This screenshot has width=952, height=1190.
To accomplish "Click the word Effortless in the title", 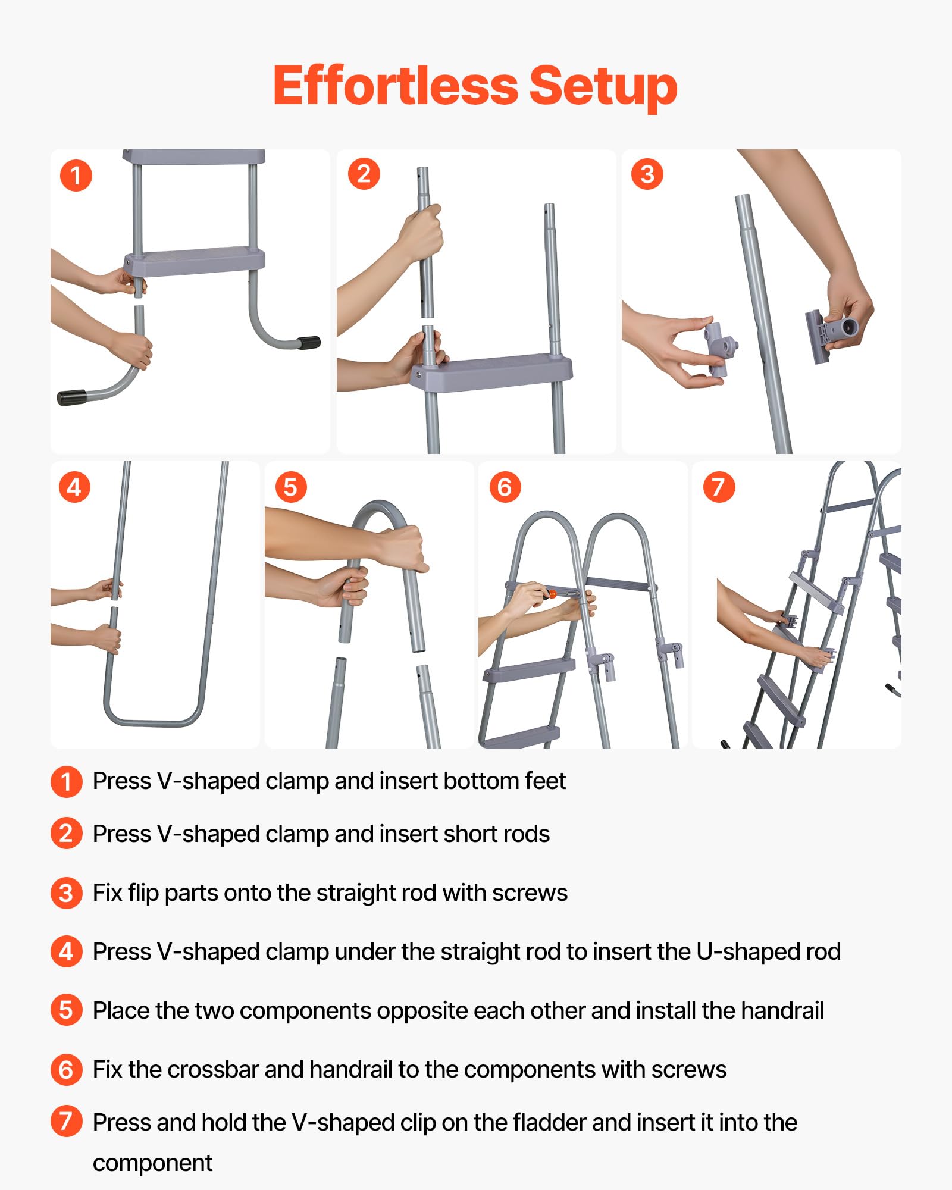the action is [396, 86].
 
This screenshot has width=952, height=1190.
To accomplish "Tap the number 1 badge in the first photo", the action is [76, 176].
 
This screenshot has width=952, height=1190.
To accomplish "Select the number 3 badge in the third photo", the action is [647, 174].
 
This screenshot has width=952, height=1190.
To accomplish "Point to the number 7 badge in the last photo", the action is [719, 487].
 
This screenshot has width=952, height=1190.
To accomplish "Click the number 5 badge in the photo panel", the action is [291, 487].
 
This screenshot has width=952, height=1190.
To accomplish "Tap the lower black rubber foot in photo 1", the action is [71, 397].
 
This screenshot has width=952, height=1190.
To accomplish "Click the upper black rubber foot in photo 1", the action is [309, 343].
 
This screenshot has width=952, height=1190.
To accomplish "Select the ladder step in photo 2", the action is [491, 372].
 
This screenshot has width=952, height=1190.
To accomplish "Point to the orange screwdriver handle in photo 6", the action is [552, 594].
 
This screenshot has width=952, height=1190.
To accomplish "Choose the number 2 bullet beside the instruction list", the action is [67, 833].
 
